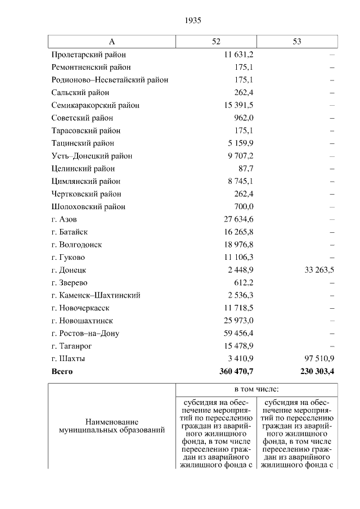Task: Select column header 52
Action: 216,42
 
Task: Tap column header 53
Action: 297,42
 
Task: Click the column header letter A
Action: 111,42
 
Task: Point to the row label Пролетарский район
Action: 88,55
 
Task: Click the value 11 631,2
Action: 239,55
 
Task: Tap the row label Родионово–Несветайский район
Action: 110,80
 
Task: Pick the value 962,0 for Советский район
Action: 244,118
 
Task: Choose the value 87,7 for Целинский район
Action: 246,169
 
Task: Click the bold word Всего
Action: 62,372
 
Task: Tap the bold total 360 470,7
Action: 236,372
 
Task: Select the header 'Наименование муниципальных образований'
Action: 112,426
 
